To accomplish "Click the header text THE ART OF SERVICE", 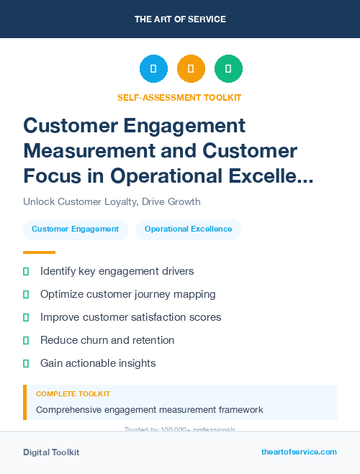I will click(x=179, y=19).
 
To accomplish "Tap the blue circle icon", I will click(x=153, y=68).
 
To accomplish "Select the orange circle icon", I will click(x=191, y=68).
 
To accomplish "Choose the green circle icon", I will click(x=228, y=68).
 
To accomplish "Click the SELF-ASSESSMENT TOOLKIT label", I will click(x=179, y=97).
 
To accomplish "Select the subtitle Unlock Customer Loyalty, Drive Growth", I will click(x=112, y=201).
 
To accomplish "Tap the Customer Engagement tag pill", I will click(x=76, y=229).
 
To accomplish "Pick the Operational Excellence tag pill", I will click(x=189, y=229).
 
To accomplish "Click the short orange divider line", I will click(x=39, y=252).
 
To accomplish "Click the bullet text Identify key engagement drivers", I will click(x=117, y=271).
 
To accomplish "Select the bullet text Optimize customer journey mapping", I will click(x=127, y=294).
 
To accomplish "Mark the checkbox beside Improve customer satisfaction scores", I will click(x=27, y=317).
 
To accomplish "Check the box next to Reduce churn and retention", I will click(x=27, y=340).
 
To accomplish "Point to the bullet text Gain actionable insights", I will click(x=98, y=363).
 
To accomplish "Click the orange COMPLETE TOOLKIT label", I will click(x=73, y=394).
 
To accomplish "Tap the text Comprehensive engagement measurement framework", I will click(x=149, y=410).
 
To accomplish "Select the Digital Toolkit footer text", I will click(x=51, y=452).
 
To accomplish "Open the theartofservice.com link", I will click(x=299, y=452).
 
